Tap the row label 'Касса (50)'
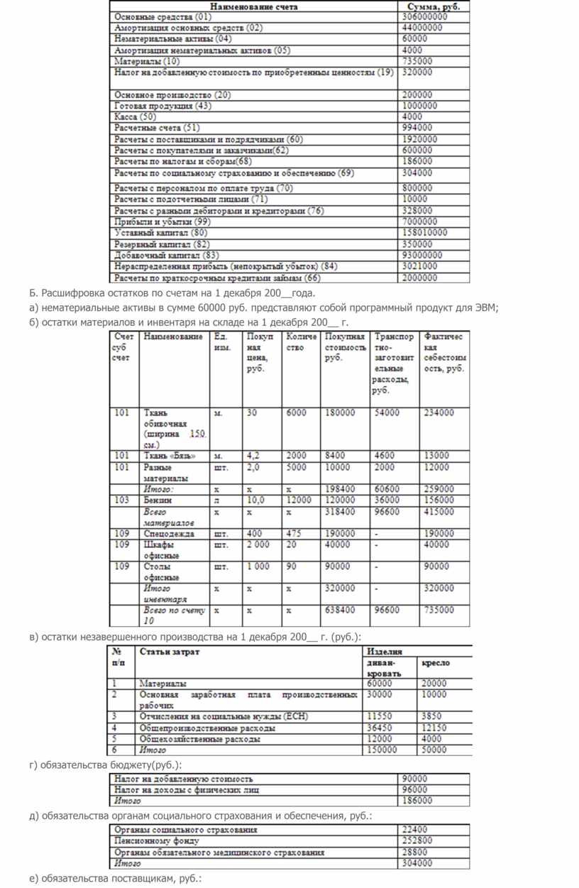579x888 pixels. (x=135, y=117)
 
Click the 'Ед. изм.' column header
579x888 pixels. (x=221, y=343)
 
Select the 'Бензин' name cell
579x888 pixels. (x=158, y=500)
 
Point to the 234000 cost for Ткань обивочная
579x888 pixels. (x=439, y=412)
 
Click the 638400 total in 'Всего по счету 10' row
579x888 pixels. (x=340, y=610)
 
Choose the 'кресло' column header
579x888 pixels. (x=436, y=663)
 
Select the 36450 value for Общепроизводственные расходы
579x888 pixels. (x=380, y=728)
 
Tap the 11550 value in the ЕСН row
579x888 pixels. (x=380, y=717)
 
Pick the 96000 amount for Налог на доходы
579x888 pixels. (x=414, y=789)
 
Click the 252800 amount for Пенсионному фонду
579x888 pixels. (x=417, y=841)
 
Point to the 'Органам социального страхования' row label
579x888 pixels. (x=186, y=830)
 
